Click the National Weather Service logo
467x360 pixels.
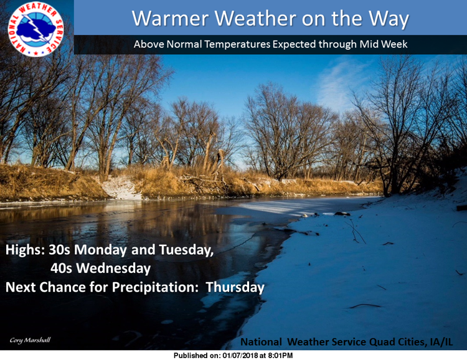[x=35, y=29]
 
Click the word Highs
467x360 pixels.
[x=25, y=250]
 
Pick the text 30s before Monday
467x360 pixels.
[x=59, y=250]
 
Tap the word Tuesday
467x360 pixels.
[x=186, y=250]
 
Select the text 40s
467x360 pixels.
[x=62, y=268]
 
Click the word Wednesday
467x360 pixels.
[x=113, y=268]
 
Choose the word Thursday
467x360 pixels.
[x=235, y=287]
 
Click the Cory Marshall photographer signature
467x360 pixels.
[x=30, y=340]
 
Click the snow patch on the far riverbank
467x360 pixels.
[x=121, y=187]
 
